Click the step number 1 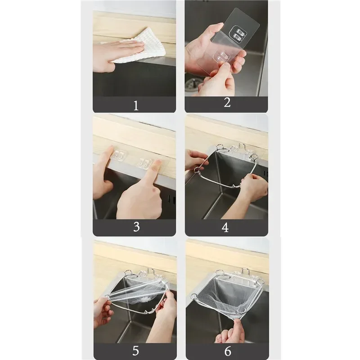tap(136, 106)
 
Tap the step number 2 tap(227, 103)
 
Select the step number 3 tap(136, 227)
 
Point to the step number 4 tap(225, 227)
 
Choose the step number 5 tap(136, 351)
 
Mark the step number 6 tap(228, 351)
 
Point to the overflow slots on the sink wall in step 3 tap(171, 199)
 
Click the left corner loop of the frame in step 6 tap(194, 296)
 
